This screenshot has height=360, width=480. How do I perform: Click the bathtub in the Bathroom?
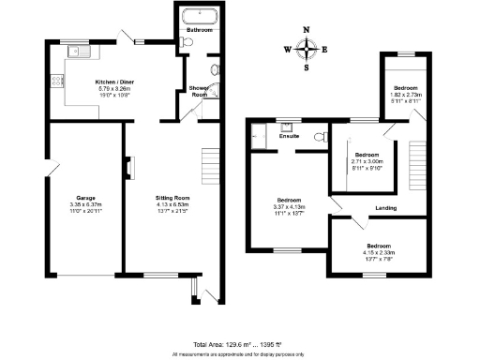pos(200,15)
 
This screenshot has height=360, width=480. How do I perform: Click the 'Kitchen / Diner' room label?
pos(118,82)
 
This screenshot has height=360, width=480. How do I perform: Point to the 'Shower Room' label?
pos(199,92)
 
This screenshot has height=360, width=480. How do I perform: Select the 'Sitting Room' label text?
pos(173,198)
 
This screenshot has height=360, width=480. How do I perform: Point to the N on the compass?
pos(307,30)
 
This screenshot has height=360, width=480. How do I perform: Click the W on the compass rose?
pos(288,49)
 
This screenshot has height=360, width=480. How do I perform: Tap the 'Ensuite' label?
pos(290,136)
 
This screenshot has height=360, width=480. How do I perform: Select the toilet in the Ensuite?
pos(321,136)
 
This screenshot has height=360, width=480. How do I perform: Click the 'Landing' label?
pos(384,207)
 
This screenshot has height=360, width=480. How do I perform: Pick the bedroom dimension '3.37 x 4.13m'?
pos(288,205)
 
